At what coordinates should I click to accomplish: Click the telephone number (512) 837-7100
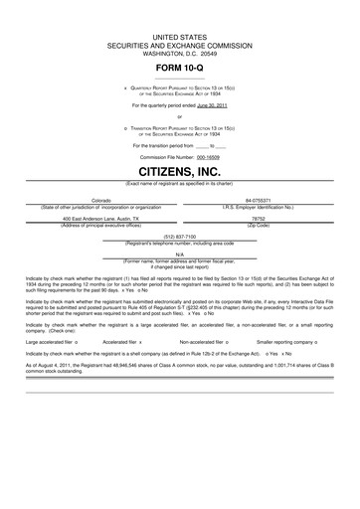pyautogui.click(x=180, y=237)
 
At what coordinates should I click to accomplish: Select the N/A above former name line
pyautogui.click(x=180, y=254)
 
